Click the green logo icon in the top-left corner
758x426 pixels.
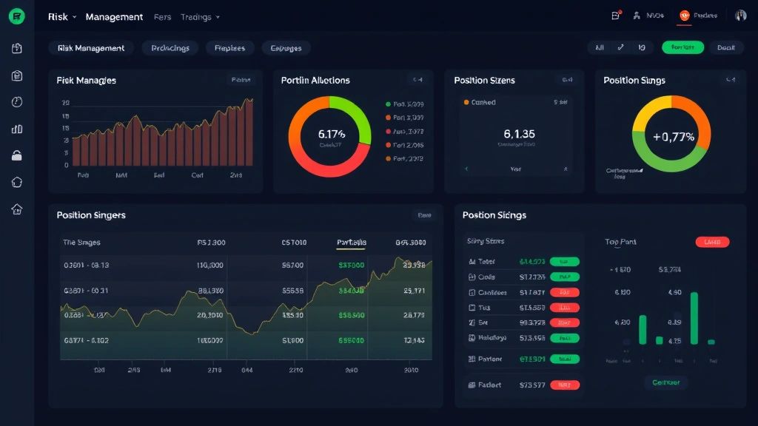(16, 16)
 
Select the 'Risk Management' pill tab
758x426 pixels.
(91, 48)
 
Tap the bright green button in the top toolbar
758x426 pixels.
(682, 47)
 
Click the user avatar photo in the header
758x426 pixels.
(740, 16)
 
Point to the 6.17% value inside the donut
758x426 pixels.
(332, 134)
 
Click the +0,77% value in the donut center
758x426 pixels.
(673, 136)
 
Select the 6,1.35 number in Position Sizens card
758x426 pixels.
(519, 134)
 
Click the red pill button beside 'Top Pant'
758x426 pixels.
(712, 242)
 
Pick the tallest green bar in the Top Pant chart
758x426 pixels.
(694, 318)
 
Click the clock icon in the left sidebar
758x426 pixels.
(17, 102)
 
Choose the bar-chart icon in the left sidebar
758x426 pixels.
(17, 129)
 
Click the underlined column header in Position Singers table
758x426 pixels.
(351, 243)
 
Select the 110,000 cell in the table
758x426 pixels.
(210, 265)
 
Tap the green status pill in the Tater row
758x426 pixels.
(565, 262)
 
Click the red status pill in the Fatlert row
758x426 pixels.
(565, 385)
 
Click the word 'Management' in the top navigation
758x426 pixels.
(114, 16)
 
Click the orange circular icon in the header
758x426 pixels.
(684, 16)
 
